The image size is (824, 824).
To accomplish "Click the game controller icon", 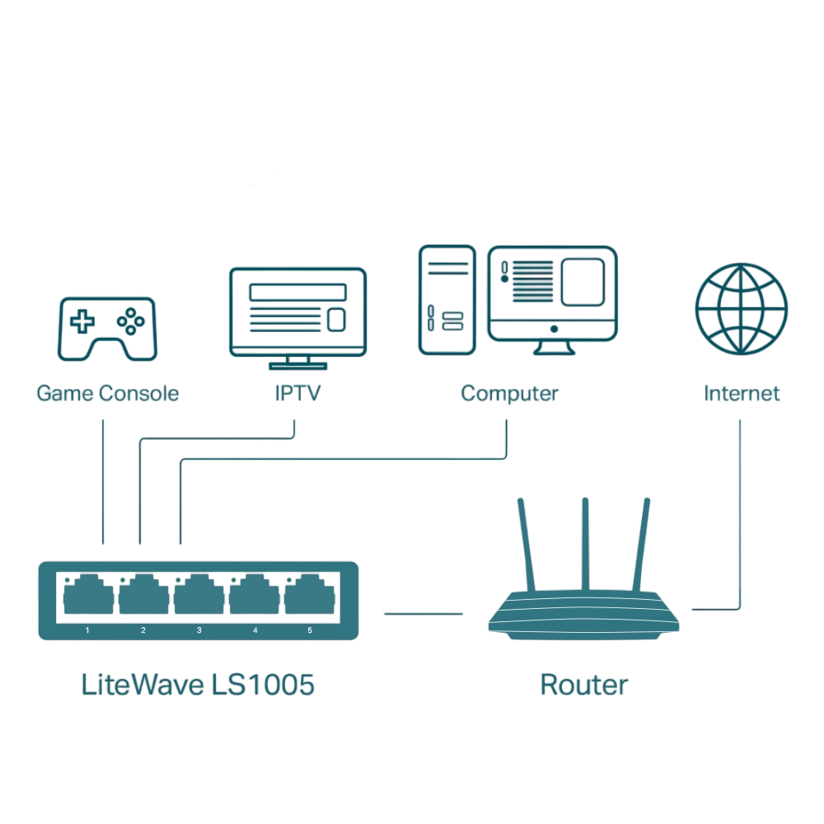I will click(x=106, y=329).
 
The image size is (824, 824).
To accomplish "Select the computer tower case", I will click(x=447, y=300).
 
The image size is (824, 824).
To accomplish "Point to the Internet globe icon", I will click(x=741, y=309).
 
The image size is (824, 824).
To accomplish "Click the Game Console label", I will click(x=107, y=393).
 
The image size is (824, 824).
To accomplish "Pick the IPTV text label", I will click(x=297, y=393).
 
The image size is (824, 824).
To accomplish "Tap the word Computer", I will click(x=509, y=393).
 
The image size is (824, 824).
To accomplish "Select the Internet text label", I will click(x=741, y=393).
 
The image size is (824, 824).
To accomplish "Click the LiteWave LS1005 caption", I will click(x=198, y=685).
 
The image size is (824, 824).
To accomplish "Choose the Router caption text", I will click(x=583, y=685).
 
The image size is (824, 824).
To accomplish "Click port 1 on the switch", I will click(x=88, y=596).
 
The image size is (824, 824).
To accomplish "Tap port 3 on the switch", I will click(x=199, y=596).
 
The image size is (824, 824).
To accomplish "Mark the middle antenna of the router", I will click(x=585, y=544).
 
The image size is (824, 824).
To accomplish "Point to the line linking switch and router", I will click(x=424, y=613).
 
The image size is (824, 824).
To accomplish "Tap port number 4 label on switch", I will click(x=255, y=630).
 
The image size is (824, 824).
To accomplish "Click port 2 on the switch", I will click(x=143, y=596).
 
